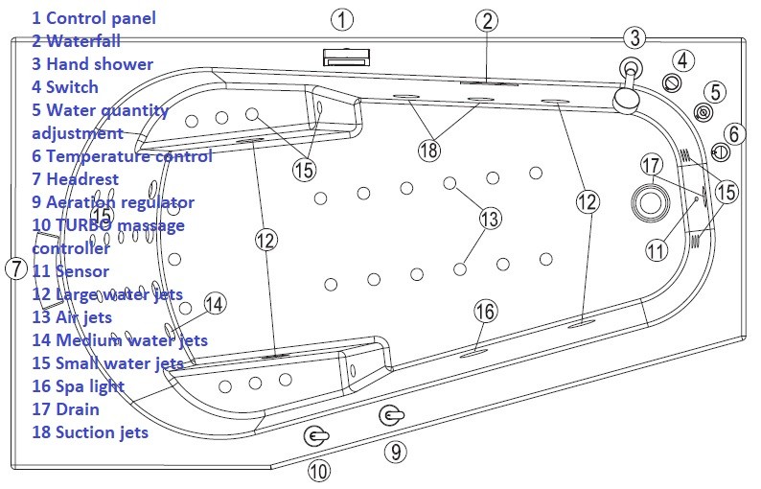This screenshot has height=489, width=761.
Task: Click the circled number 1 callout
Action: [x=342, y=18]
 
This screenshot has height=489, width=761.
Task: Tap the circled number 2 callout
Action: [x=487, y=20]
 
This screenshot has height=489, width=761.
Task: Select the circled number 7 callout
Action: [x=14, y=268]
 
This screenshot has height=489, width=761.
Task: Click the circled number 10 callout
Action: [x=317, y=470]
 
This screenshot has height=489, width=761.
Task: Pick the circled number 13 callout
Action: [x=490, y=219]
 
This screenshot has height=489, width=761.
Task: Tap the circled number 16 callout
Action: [x=486, y=311]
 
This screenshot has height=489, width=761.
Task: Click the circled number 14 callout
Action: [x=216, y=304]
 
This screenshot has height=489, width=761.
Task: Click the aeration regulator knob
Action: [x=390, y=415]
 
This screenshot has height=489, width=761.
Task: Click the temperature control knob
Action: [x=722, y=151]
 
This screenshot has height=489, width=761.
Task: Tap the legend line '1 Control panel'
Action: [x=93, y=18]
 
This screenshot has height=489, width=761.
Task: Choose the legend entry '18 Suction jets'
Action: [x=89, y=432]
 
